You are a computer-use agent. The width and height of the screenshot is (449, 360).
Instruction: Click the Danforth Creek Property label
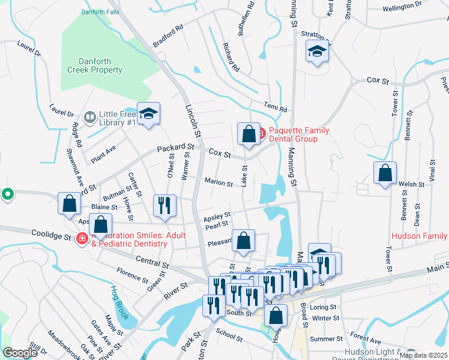tap(100, 65)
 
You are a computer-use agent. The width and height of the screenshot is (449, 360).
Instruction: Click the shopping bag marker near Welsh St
tap(385, 173)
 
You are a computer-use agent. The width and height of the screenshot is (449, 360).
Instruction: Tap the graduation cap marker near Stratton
tap(317, 52)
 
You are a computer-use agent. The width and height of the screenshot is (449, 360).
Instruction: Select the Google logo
tap(20, 353)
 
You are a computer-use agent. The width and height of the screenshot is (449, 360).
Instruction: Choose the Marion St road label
tap(218, 182)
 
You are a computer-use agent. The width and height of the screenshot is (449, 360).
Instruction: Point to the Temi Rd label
tap(276, 107)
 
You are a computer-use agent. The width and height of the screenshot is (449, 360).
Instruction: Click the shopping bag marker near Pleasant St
tap(243, 241)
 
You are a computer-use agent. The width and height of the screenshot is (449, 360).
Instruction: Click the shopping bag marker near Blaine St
tap(69, 203)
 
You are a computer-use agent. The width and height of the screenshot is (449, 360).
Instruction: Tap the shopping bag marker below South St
tap(276, 316)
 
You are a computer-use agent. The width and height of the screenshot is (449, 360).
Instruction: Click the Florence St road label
tap(132, 275)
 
